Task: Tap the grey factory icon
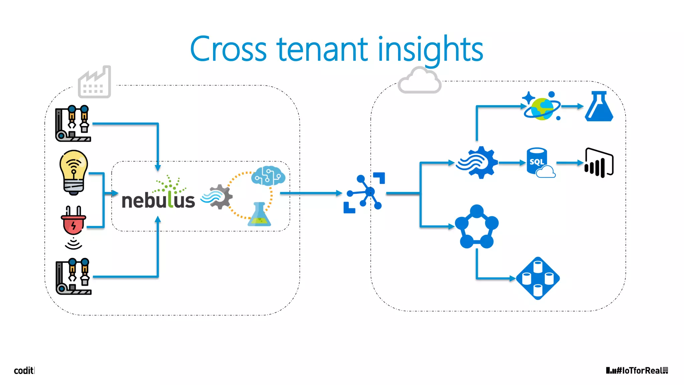click(x=95, y=83)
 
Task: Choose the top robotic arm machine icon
click(x=73, y=123)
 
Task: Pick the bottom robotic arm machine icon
click(x=73, y=276)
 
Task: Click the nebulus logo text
click(x=158, y=199)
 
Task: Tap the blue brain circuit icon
click(x=268, y=175)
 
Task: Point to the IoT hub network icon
click(x=364, y=193)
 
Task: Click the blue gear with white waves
click(x=478, y=162)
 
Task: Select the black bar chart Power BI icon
click(x=599, y=163)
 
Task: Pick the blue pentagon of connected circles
click(x=477, y=227)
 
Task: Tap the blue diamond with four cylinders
click(x=538, y=278)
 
